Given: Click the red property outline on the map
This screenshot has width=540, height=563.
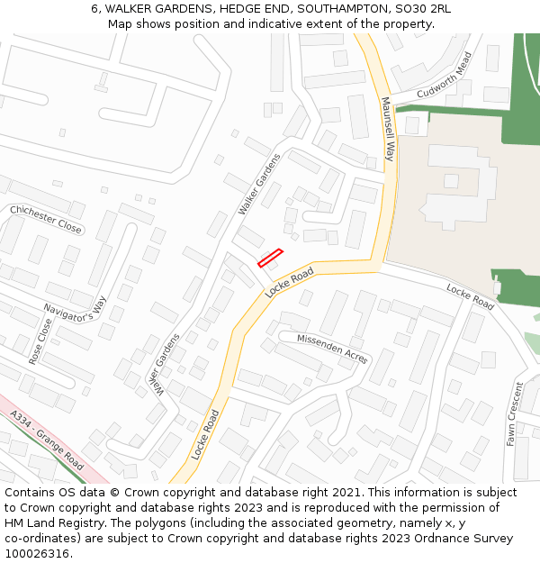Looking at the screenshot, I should pyautogui.click(x=271, y=259).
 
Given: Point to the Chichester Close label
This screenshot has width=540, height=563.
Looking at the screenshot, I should pyautogui.click(x=46, y=219).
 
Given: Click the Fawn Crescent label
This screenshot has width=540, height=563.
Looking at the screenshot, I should pyautogui.click(x=514, y=414).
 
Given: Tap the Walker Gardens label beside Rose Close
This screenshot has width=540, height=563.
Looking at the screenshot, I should pyautogui.click(x=159, y=363).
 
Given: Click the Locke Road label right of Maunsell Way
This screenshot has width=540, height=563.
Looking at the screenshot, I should pyautogui.click(x=471, y=296).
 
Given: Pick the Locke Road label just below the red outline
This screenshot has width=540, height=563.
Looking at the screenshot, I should pyautogui.click(x=290, y=283).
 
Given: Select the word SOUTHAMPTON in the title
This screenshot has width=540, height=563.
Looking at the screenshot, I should pyautogui.click(x=346, y=9).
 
